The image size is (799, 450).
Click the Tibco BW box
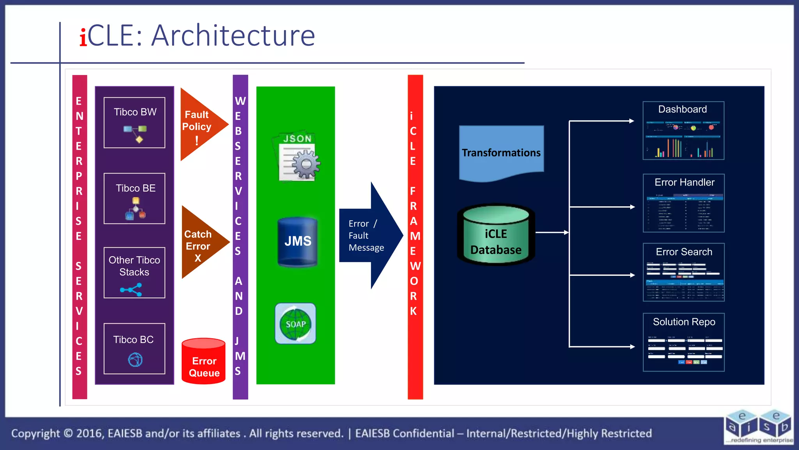pos(134,123)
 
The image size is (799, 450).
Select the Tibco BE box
pos(134,198)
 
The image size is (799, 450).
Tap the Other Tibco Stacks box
pos(134,273)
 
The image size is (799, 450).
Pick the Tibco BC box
pos(134,348)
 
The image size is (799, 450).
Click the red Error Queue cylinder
pos(204,362)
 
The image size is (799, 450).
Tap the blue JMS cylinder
pos(298,242)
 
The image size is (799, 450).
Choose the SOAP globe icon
pos(295,323)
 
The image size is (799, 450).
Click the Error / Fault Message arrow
pos(369,236)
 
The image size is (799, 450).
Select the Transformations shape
pos(501,152)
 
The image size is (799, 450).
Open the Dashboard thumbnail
pos(684,130)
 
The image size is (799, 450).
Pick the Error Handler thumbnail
pos(684,203)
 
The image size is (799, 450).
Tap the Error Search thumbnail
pos(684,272)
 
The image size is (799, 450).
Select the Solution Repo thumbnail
pos(684,342)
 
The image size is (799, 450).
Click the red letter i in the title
pos(83,37)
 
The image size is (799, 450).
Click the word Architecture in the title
pos(233,36)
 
